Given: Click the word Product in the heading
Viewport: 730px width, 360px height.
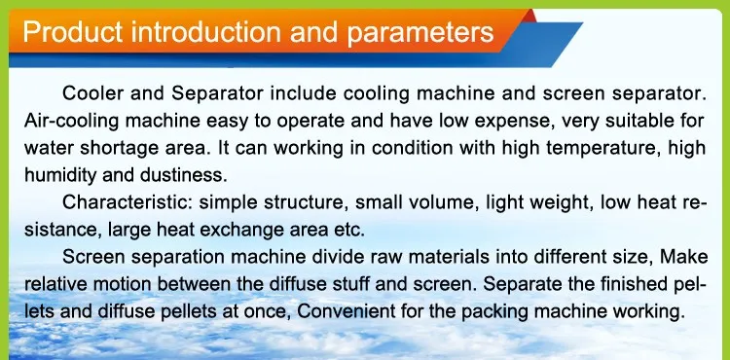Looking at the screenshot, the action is [73, 32].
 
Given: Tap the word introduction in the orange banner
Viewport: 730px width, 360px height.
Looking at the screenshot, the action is [204, 32].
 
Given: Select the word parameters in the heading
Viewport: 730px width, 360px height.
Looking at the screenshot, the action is [420, 33].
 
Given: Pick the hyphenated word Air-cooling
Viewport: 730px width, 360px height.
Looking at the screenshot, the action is [72, 122].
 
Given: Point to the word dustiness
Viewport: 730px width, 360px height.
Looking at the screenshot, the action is [183, 175].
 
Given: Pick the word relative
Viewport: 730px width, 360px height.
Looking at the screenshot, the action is [52, 284].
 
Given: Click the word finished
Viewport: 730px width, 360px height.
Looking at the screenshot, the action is [639, 284].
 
